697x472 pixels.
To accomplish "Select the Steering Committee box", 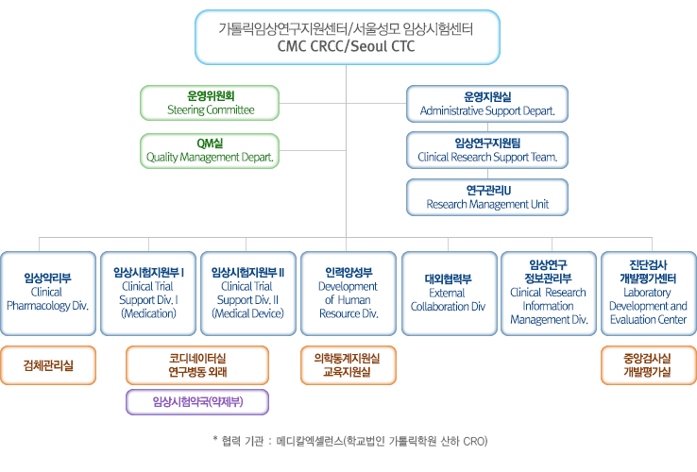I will pyautogui.click(x=211, y=103).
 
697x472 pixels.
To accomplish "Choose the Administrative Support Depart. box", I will pyautogui.click(x=486, y=103).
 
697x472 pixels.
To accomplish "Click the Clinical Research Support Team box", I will pyautogui.click(x=486, y=149).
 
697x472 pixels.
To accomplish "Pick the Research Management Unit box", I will pyautogui.click(x=486, y=195).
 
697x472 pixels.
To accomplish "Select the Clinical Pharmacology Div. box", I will pyautogui.click(x=47, y=293).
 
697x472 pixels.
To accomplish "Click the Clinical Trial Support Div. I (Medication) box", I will pyautogui.click(x=148, y=293).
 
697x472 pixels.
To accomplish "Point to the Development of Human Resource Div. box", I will pyautogui.click(x=347, y=293).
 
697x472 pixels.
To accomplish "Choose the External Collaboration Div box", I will pyautogui.click(x=448, y=293).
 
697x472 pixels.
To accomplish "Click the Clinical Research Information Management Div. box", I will pyautogui.click(x=548, y=293).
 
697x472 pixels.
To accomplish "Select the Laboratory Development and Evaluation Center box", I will pyautogui.click(x=648, y=293).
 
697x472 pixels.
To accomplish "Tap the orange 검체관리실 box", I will pyautogui.click(x=47, y=365).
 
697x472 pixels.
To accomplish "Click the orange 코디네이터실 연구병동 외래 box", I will pyautogui.click(x=197, y=365).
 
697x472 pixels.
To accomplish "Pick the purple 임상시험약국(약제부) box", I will pyautogui.click(x=197, y=402).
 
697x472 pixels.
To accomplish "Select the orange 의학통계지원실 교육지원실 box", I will pyautogui.click(x=347, y=365).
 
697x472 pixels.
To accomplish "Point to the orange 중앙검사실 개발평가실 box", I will pyautogui.click(x=648, y=365).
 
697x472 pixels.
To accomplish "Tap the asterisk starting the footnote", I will pyautogui.click(x=216, y=440).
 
